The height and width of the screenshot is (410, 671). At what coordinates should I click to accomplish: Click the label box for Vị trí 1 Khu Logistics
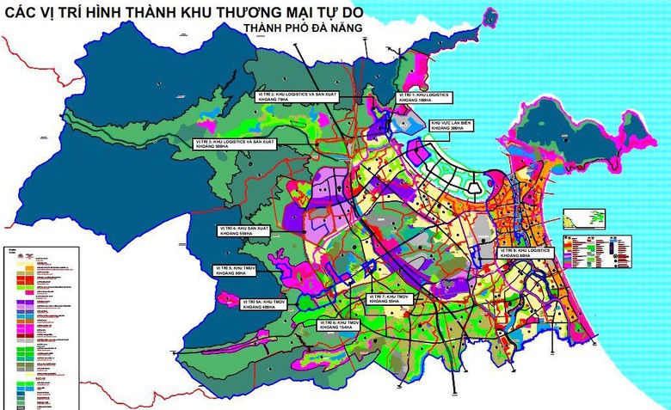click(x=425, y=97)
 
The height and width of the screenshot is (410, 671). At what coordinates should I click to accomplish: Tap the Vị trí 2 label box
click(x=287, y=95)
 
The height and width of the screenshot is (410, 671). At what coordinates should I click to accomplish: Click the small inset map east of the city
click(x=578, y=219)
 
